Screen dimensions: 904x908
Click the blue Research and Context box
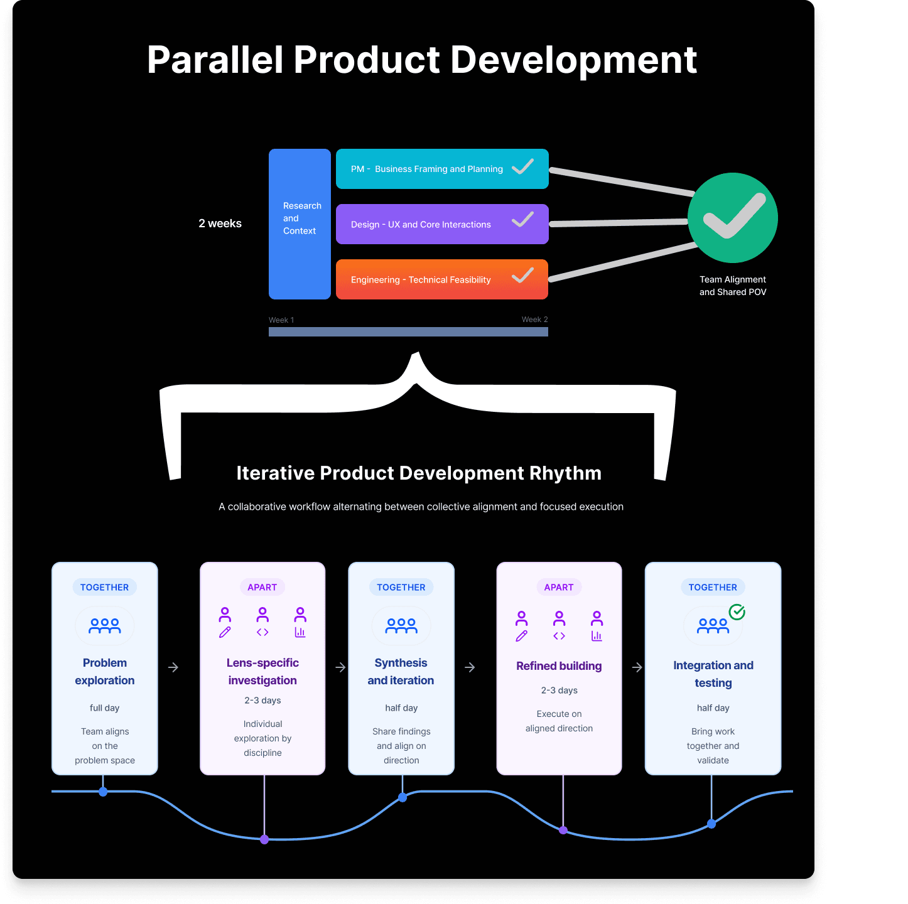coord(300,223)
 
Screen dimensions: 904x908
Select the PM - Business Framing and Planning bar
coord(441,169)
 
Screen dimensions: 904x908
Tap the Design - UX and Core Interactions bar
coord(441,224)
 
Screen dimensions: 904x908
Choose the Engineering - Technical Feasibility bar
coord(441,279)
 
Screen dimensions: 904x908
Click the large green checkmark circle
coord(733,218)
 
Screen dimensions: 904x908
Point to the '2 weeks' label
coord(220,223)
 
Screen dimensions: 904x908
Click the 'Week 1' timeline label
coord(281,320)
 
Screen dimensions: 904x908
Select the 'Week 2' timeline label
coord(534,320)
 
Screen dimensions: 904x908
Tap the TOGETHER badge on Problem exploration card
coord(104,588)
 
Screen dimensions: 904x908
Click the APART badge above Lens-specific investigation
coord(262,588)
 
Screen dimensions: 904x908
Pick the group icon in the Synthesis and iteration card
coord(401,626)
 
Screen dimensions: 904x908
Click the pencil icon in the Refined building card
coord(521,636)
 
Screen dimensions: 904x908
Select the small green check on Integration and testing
coord(737,612)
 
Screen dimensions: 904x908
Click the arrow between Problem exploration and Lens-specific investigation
coord(173,667)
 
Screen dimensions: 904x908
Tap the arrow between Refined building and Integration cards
coord(637,667)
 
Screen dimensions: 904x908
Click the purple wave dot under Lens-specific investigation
coord(264,839)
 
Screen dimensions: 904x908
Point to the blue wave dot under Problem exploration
coord(103,792)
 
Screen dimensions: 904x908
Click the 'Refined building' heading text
coord(559,666)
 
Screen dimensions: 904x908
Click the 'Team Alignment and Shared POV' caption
coord(733,286)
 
